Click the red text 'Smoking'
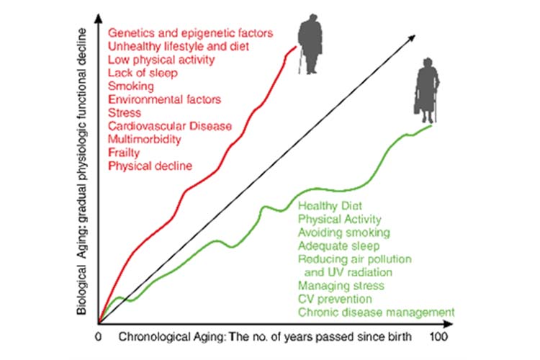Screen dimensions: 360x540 click(x=127, y=86)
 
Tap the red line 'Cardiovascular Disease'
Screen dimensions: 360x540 click(x=170, y=126)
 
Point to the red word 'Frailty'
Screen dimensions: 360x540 click(x=123, y=153)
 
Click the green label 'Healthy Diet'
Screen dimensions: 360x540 click(x=328, y=206)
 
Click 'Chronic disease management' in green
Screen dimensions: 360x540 click(x=376, y=312)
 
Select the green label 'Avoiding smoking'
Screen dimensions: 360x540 click(x=343, y=233)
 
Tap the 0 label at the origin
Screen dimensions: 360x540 click(x=99, y=336)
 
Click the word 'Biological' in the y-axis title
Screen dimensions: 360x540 click(x=84, y=284)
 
